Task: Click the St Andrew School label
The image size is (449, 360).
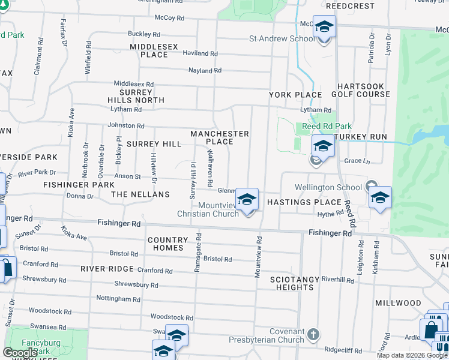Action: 281,39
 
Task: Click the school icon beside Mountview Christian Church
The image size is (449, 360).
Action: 247,200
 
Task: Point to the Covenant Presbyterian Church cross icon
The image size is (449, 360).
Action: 313,333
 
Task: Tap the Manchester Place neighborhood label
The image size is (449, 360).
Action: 219,137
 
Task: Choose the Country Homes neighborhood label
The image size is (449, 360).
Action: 166,244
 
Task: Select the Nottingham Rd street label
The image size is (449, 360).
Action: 118,298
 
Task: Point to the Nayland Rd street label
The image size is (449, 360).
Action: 205,70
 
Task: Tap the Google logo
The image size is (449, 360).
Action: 20,353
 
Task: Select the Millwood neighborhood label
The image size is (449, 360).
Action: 398,303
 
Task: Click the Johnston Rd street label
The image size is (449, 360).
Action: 126,126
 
